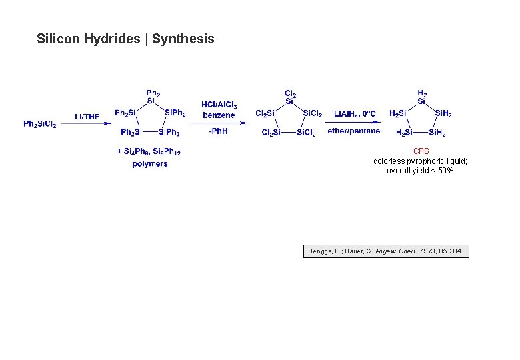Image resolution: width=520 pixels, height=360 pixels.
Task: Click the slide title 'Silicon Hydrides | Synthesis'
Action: pos(125,39)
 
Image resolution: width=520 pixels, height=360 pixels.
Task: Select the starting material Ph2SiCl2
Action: pos(40,124)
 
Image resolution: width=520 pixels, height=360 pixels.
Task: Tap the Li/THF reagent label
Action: pos(87,117)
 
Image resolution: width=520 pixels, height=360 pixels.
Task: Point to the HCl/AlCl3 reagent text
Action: pos(219,105)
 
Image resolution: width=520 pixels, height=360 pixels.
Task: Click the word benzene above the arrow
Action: pos(219,115)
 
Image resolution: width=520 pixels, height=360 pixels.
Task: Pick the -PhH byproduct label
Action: pos(218,131)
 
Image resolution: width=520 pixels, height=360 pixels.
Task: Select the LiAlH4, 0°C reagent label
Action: pos(355,114)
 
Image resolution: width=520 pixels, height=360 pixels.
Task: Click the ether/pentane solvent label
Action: pos(354,131)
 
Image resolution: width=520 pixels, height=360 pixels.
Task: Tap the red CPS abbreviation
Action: pos(421,151)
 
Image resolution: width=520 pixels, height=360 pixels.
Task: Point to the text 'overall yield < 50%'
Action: pos(420,171)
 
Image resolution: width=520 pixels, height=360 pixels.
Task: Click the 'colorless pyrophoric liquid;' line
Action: pos(420,161)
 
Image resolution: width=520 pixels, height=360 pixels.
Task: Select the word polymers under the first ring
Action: pos(150,164)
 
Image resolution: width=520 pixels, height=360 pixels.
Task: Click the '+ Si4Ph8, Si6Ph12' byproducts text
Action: pos(149,152)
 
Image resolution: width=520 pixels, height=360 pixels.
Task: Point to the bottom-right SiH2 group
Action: pos(437,133)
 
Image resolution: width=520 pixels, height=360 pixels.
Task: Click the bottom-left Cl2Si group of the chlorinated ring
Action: pos(271,133)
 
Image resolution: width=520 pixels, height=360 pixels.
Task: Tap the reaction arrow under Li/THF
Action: pos(87,123)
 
